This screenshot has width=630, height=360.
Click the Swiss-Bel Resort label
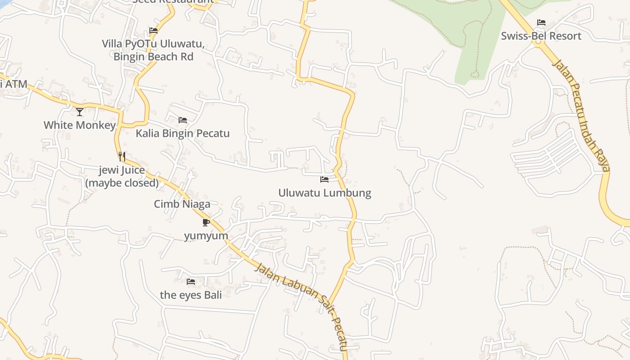[541, 36]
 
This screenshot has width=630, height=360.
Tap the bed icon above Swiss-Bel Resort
[541, 22]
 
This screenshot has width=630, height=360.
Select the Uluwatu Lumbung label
[324, 193]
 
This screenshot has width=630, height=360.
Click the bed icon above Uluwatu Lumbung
[324, 180]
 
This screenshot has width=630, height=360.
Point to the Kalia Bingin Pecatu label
[183, 134]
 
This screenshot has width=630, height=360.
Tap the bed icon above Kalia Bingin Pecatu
[183, 120]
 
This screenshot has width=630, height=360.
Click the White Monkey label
[80, 125]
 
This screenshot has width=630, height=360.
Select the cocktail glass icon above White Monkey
[80, 112]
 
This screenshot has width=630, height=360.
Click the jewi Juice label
[122, 170]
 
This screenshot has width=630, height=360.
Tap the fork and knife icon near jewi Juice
[122, 157]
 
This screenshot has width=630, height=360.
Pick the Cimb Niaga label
[182, 204]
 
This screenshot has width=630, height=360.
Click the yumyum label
[206, 236]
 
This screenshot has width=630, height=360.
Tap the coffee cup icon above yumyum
[206, 222]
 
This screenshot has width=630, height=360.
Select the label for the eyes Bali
[191, 295]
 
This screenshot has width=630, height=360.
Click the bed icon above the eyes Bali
[191, 282]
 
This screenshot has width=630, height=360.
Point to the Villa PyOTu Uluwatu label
[153, 44]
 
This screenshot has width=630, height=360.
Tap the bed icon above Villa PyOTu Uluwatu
[153, 31]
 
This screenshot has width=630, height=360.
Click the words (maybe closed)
[122, 183]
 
